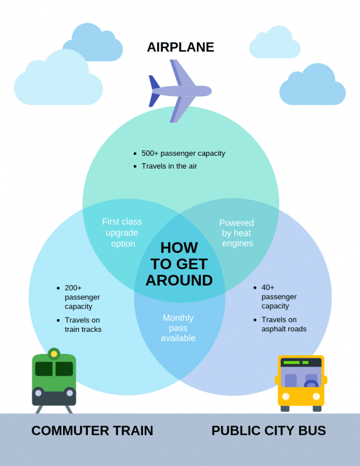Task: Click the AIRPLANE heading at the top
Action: click(180, 47)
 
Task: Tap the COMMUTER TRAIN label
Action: click(92, 430)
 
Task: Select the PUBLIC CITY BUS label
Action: click(268, 430)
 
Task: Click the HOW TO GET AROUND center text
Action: click(179, 264)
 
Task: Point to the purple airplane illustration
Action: click(180, 91)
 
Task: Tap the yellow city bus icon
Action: click(301, 383)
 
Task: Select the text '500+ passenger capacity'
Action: click(183, 153)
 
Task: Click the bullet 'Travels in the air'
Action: click(169, 166)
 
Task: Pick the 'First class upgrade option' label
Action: click(122, 233)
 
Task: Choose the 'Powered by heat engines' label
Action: click(237, 233)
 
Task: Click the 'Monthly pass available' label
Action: click(178, 328)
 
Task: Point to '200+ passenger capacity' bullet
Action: click(82, 297)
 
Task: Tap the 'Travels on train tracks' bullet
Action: click(83, 324)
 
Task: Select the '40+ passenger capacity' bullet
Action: click(279, 296)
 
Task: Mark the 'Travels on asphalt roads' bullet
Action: click(284, 324)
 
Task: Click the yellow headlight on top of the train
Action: click(54, 354)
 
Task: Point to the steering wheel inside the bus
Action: click(311, 384)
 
